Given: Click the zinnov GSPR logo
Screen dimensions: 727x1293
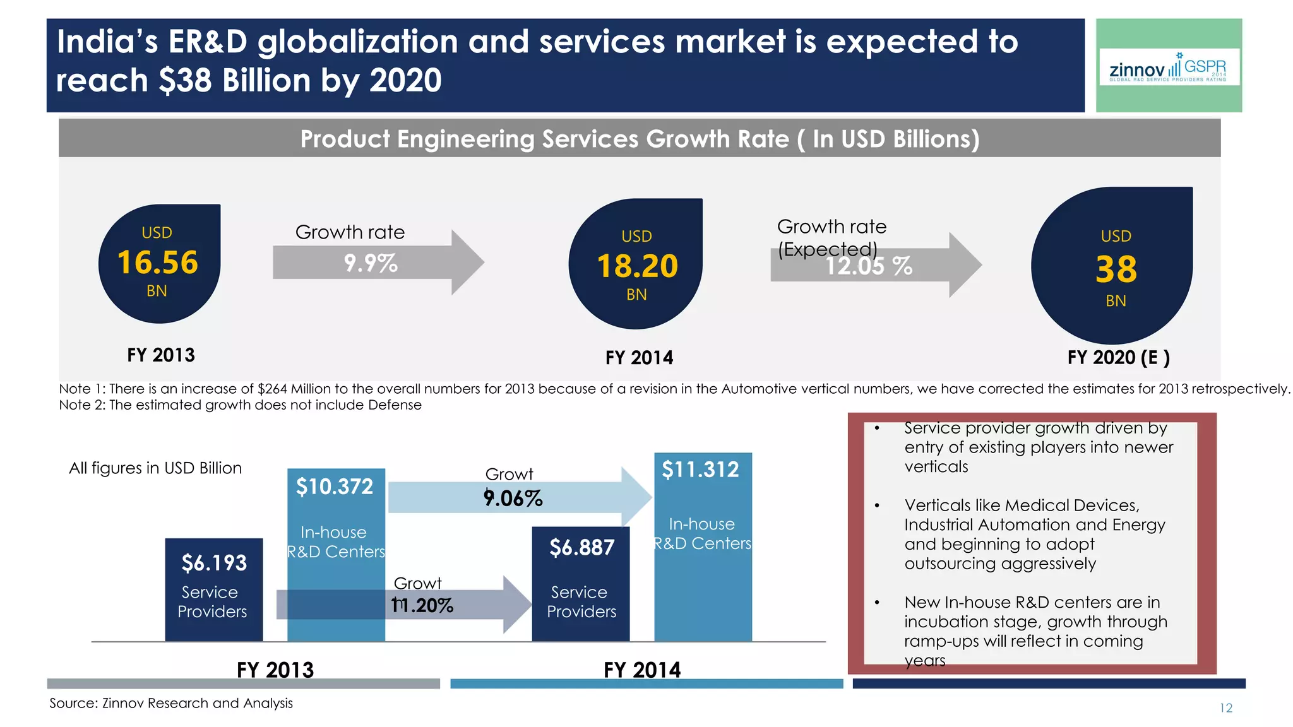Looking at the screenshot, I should (x=1169, y=67).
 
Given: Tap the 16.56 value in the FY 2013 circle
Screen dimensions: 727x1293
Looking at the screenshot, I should (x=158, y=263).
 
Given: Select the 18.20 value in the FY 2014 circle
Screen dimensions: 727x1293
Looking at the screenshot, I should (x=637, y=266).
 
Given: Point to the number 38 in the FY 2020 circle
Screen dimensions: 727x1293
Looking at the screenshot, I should (x=1116, y=269).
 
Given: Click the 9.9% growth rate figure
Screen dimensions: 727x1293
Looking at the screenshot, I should (x=371, y=263).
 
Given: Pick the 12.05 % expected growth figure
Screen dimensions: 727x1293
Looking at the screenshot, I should (x=869, y=266).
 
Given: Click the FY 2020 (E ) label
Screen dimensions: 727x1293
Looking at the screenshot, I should (x=1118, y=358).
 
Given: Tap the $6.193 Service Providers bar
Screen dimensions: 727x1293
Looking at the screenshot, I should (x=214, y=589).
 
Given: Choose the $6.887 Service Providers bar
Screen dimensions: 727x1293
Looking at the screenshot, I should (x=581, y=584).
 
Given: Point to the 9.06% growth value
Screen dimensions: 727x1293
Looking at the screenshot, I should (x=513, y=499).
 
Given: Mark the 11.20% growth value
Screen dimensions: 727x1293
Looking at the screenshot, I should (x=422, y=606).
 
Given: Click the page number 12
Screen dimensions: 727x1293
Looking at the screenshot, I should (x=1225, y=708).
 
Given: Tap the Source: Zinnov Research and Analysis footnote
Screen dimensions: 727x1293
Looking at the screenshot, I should (x=171, y=703).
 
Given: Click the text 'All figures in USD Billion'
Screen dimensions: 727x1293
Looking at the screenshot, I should (x=155, y=468).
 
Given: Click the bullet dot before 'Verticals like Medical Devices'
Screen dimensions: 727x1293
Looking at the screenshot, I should (x=877, y=505).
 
